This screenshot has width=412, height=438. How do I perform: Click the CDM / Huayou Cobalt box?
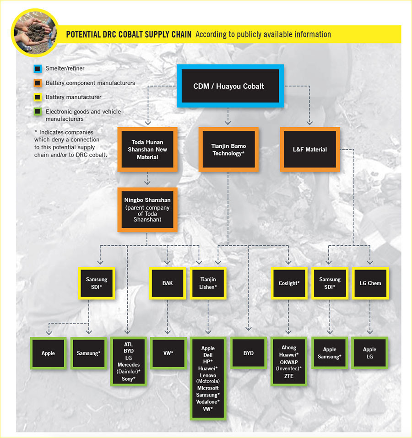[x=230, y=86]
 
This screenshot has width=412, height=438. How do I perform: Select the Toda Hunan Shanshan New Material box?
[x=147, y=150]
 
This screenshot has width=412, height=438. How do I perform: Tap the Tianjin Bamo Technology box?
[x=228, y=150]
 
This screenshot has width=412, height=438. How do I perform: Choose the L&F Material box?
[x=310, y=150]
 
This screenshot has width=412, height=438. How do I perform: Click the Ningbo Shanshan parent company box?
[x=147, y=210]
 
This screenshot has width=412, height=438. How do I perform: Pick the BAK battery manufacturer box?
[x=168, y=283]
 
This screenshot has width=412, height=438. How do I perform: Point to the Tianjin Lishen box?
[x=208, y=283]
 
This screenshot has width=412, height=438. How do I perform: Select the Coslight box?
[x=289, y=283]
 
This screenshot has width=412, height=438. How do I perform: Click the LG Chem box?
[x=370, y=283]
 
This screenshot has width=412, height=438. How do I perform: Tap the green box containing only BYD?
[x=248, y=353]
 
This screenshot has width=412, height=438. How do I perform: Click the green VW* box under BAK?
[x=168, y=353]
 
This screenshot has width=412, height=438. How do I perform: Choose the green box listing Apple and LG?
[x=369, y=353]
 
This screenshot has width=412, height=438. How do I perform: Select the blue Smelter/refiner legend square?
[x=38, y=69]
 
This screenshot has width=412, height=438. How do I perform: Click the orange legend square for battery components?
[x=38, y=83]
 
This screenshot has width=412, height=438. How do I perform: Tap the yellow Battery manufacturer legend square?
[x=38, y=97]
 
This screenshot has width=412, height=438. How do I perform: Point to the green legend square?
[x=38, y=112]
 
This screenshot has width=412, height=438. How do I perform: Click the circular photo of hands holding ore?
[x=35, y=33]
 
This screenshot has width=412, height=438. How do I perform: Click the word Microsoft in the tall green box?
[x=208, y=388]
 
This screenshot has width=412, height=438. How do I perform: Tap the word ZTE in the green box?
[x=289, y=376]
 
